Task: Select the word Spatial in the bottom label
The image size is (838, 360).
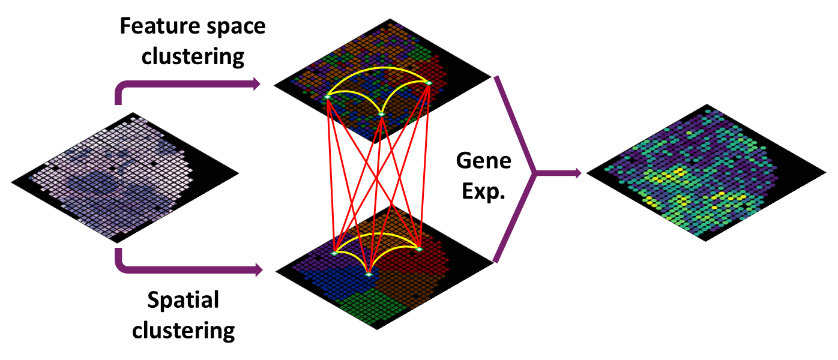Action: (x=184, y=300)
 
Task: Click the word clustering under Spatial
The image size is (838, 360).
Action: (x=184, y=329)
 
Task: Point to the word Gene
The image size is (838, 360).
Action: (x=483, y=161)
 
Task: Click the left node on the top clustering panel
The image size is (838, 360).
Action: (x=328, y=96)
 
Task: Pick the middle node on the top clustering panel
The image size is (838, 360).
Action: (x=381, y=114)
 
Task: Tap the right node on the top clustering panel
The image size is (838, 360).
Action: (x=429, y=82)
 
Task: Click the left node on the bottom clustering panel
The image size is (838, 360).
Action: (x=334, y=254)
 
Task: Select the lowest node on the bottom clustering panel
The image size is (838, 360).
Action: (x=369, y=274)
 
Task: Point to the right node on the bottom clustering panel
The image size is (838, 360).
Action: (x=419, y=248)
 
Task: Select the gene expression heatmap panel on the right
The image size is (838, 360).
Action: (x=708, y=174)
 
